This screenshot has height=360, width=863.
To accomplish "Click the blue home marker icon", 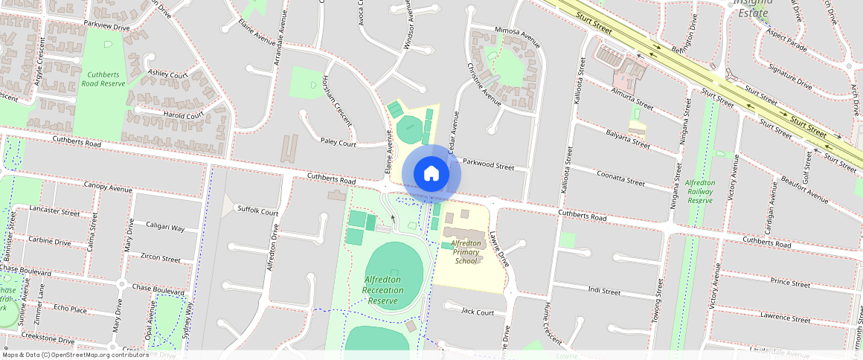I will [431, 174].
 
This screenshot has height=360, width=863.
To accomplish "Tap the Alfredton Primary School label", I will [466, 252].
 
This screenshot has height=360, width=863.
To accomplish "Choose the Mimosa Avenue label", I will [517, 33].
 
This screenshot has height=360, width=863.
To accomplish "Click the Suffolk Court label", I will [257, 212].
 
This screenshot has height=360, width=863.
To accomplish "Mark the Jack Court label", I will [478, 312].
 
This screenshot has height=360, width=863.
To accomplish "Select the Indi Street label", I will [604, 289].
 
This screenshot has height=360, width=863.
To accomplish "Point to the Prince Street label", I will [790, 283].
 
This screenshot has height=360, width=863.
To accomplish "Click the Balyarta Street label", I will [628, 138].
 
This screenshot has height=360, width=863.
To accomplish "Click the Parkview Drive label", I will [106, 27].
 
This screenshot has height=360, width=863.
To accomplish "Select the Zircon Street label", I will [160, 258].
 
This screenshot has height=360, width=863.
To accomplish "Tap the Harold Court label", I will [184, 115].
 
